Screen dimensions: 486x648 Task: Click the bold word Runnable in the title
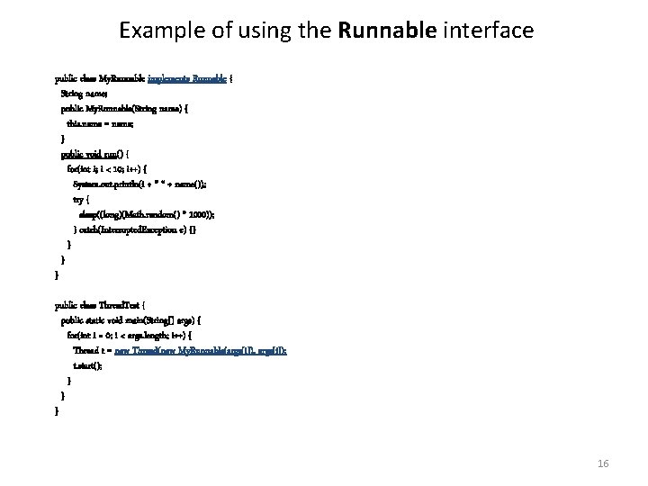coord(388,31)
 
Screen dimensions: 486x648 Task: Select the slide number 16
coord(603,463)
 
